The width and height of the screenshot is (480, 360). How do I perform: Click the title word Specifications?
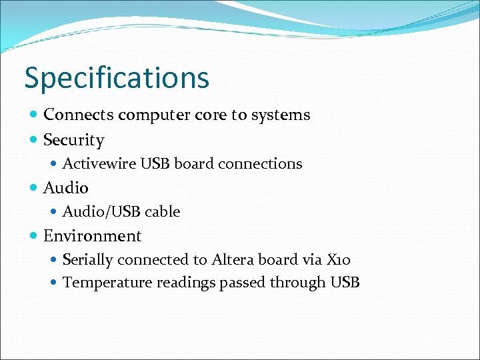[x=117, y=78]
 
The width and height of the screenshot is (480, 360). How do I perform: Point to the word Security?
[x=73, y=140]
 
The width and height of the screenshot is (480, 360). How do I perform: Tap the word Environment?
[x=92, y=236]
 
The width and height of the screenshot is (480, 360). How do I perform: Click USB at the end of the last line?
[x=345, y=283]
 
